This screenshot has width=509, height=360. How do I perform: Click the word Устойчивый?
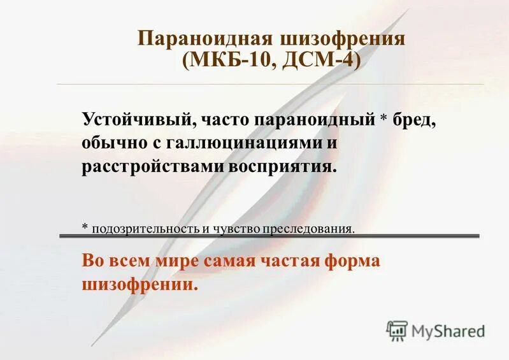coord(133,119)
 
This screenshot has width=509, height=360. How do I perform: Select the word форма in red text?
coord(351,262)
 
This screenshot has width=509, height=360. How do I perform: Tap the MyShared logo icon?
coord(398,330)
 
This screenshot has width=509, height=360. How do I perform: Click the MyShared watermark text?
coord(448,331)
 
